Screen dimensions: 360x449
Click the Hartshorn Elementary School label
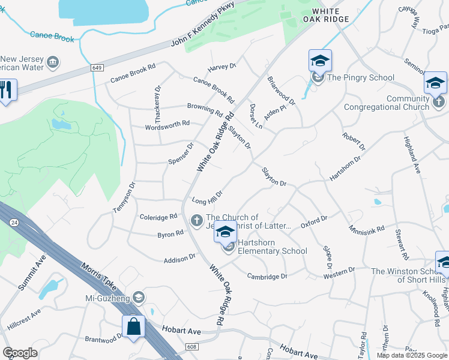pos(272,247)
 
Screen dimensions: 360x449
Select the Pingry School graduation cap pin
pos(320,60)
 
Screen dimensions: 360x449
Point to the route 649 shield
pos(97,68)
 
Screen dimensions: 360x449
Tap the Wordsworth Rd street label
pos(167,125)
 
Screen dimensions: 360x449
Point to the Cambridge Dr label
pos(267,276)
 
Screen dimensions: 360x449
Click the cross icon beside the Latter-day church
pos(196,221)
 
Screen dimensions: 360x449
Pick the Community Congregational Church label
pos(386,103)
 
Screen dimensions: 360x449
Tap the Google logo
pos(20,353)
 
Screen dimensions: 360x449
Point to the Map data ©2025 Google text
pos(411,355)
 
